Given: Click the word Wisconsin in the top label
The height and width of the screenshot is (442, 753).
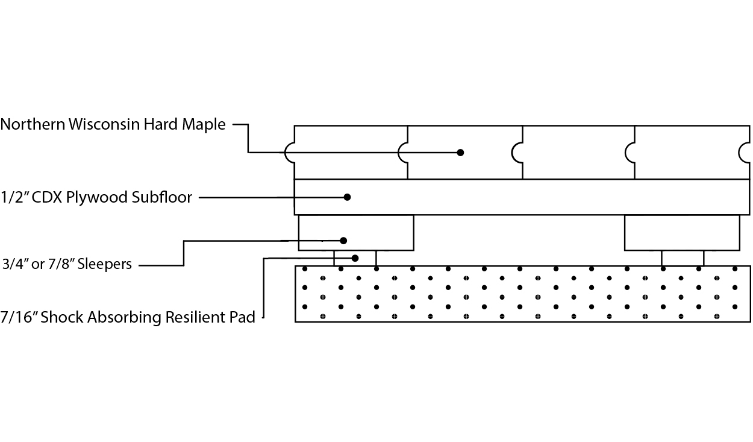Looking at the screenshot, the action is (104, 124).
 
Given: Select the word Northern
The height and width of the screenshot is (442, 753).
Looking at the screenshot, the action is (33, 124).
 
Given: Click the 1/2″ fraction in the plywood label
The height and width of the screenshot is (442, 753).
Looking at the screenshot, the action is (15, 197).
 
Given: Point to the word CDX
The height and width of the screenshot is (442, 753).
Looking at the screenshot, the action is (47, 197).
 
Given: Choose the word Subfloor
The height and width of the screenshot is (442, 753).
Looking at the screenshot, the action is (161, 197).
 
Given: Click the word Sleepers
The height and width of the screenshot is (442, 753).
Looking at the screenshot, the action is (105, 264).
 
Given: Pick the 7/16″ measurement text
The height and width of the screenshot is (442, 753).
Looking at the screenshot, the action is (19, 317).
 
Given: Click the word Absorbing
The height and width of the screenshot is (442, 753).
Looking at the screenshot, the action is (124, 318).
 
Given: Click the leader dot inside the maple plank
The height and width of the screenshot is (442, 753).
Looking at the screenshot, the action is (461, 153).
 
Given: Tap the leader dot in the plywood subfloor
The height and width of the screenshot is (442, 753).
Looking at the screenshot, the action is (347, 197).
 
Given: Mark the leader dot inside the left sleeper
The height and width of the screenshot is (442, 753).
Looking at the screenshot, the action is (343, 241).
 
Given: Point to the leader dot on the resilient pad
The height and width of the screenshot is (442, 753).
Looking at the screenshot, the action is (355, 258).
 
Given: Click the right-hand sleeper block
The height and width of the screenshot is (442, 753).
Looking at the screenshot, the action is (682, 233).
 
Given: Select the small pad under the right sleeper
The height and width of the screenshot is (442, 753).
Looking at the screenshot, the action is (683, 258).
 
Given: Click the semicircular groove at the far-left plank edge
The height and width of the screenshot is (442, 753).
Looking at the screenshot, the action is (289, 153).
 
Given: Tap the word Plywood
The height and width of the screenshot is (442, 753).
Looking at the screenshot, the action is (97, 198).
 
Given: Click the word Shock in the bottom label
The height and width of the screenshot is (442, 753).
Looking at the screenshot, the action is (62, 317).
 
